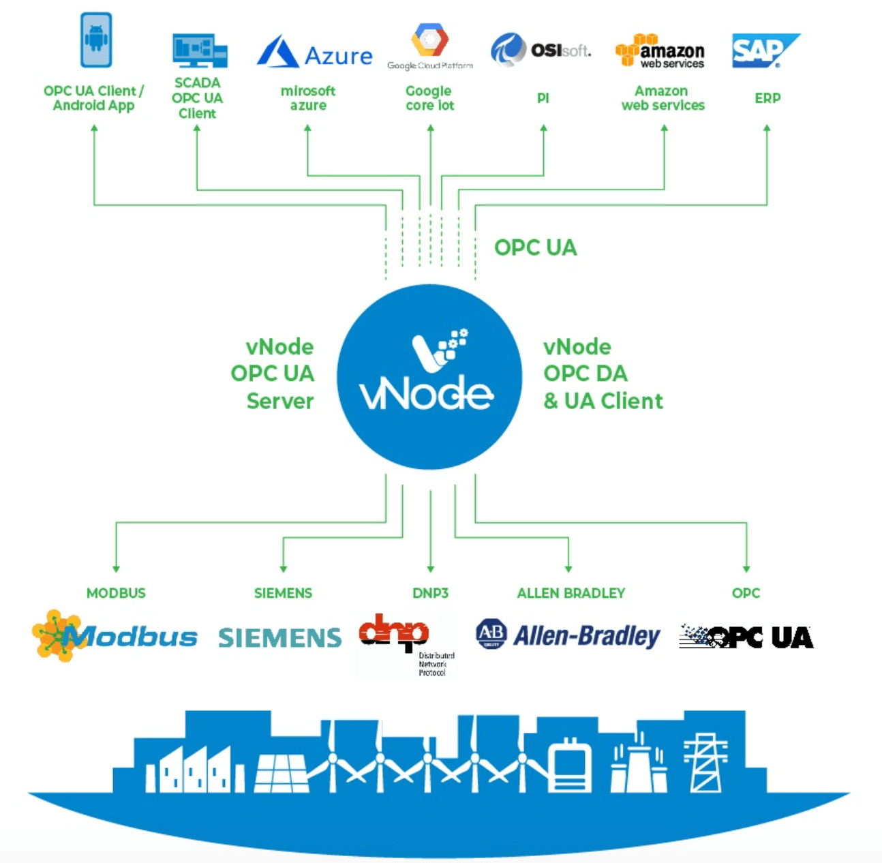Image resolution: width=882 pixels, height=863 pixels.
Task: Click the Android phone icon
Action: (x=96, y=40)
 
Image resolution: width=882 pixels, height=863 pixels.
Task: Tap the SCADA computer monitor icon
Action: (x=199, y=51)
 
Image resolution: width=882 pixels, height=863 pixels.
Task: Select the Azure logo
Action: (x=314, y=52)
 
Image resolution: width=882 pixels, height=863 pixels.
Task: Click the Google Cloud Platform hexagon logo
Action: (x=430, y=41)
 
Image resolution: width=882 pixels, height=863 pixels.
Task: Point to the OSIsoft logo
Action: (x=541, y=50)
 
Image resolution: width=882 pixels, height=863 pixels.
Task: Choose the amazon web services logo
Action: (x=660, y=52)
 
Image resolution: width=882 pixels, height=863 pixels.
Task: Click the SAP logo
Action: (x=763, y=50)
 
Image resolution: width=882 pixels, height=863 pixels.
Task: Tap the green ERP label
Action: (x=767, y=98)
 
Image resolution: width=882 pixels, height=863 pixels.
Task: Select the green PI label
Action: (x=543, y=98)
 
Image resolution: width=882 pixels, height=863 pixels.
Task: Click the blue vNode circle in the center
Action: (x=429, y=377)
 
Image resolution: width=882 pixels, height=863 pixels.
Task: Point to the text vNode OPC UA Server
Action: (x=273, y=374)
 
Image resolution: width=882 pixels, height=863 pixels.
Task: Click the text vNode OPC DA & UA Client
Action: (x=602, y=374)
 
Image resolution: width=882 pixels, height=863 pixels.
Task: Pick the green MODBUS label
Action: (x=116, y=593)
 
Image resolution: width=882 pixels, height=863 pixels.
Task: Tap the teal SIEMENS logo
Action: (x=279, y=637)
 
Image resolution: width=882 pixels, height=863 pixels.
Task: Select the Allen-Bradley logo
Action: (x=568, y=635)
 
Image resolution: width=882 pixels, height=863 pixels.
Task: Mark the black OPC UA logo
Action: (x=746, y=637)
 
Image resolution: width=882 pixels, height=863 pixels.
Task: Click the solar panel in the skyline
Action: (x=281, y=773)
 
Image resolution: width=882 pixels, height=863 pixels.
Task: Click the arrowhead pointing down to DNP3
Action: (x=430, y=569)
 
